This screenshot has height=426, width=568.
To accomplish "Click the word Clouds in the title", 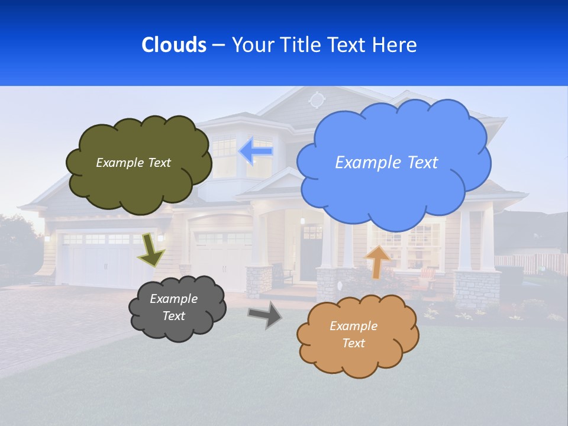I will (x=173, y=45).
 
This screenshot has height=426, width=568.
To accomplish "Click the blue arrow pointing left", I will (x=256, y=151).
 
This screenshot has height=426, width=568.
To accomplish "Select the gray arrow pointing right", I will (x=265, y=314).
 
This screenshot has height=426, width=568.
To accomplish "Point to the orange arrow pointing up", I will (x=377, y=260).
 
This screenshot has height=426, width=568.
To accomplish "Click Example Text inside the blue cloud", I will (x=386, y=163).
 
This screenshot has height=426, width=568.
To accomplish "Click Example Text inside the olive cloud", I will (x=133, y=163).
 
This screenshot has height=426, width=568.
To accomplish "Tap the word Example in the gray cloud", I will (x=173, y=299).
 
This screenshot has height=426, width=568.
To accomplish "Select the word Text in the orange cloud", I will (x=353, y=343).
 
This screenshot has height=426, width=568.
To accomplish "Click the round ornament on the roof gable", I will (x=317, y=99).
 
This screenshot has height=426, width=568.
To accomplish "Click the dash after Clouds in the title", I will (x=218, y=46).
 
